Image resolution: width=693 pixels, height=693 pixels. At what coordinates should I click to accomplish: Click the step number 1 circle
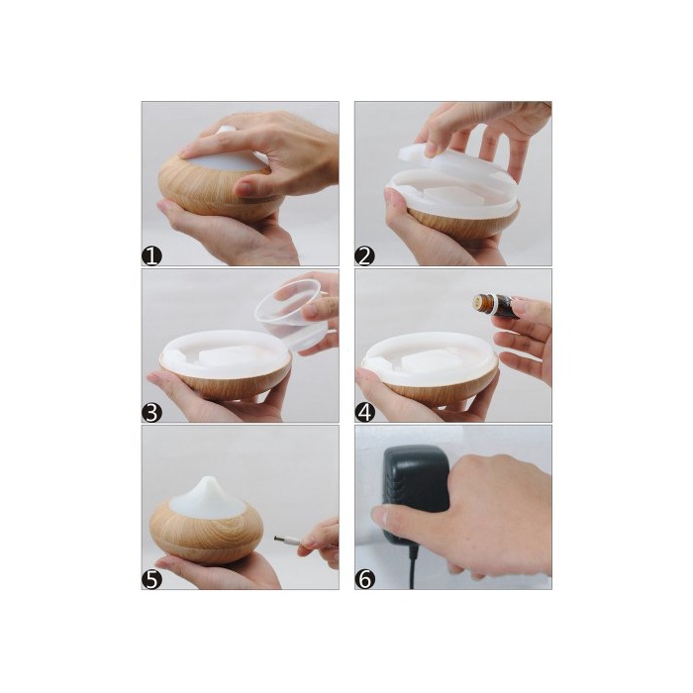pos(151,256)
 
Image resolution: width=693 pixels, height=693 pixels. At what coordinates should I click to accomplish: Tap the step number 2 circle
pos(364,256)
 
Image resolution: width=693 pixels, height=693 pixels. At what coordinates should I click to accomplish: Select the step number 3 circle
pos(151,413)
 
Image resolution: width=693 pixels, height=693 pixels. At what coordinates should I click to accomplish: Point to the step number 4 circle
pos(364,413)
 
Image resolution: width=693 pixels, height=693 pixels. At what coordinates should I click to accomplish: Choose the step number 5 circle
pos(151,580)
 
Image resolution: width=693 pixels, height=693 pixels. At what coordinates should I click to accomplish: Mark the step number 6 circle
pos(364,580)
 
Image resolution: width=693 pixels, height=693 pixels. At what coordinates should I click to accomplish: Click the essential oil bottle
pos(496,305)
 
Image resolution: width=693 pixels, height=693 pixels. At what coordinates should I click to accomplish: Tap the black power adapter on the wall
pos(413,491)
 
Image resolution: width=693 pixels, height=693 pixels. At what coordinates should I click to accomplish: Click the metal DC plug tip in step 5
pos(281,540)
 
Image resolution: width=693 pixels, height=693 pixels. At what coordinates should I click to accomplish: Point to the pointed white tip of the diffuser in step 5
pos(208,481)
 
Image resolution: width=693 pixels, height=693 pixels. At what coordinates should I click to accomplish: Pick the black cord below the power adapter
pos(413,567)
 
